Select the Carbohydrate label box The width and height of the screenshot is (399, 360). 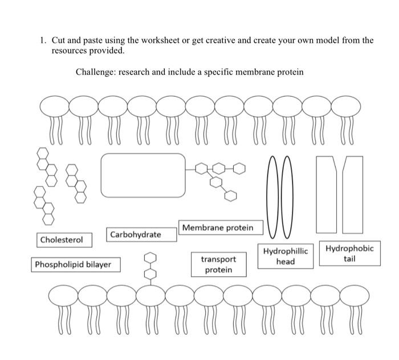pos(135,234)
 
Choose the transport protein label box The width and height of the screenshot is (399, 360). pos(218,264)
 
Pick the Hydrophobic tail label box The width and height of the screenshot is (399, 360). pos(349,253)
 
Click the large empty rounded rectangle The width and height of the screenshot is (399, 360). pos(143,174)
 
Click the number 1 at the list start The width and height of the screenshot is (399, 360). pos(42,40)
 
